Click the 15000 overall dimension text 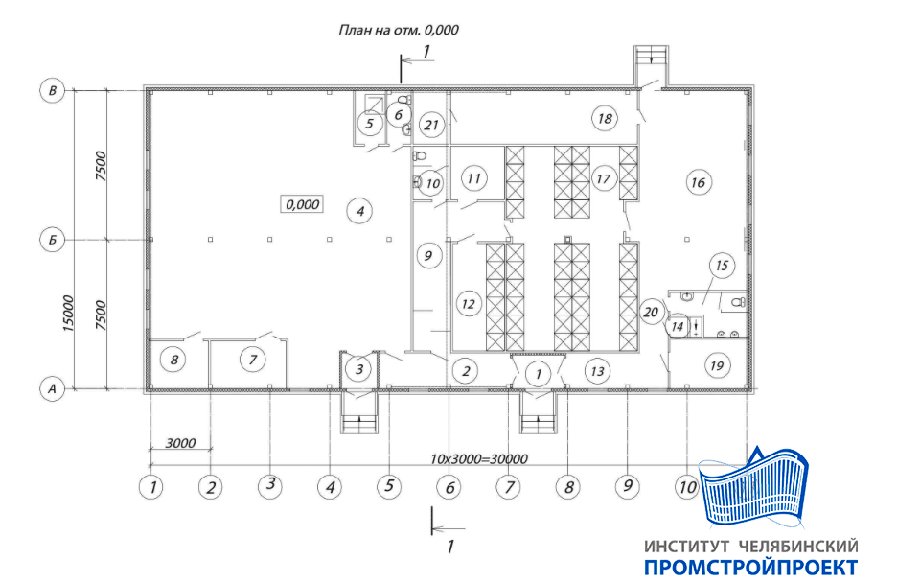[x=69, y=314]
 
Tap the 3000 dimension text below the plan [x=180, y=443]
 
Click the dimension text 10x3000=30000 [x=479, y=458]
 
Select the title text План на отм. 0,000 [x=399, y=29]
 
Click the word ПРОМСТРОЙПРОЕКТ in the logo [x=750, y=567]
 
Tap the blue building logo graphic [x=751, y=488]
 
